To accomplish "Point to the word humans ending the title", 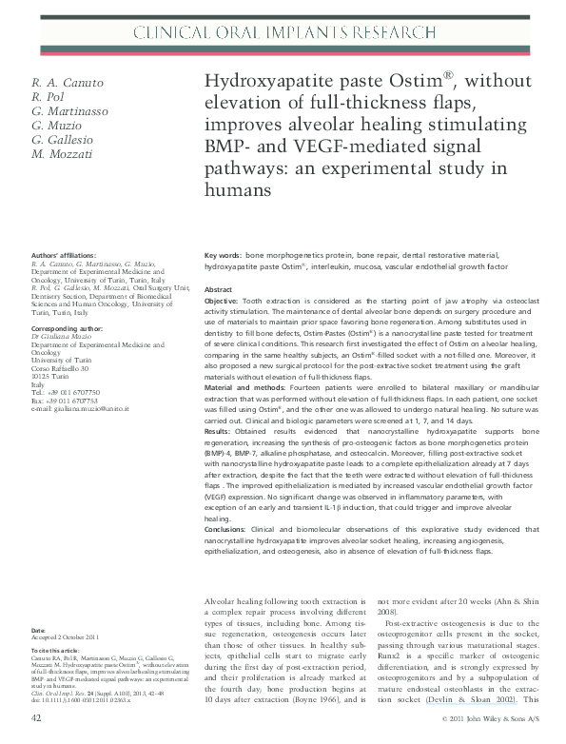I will coord(239,190).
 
